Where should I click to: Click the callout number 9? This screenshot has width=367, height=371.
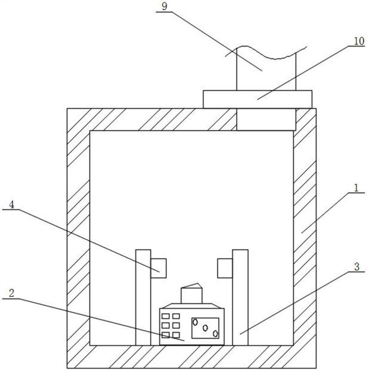click(x=165, y=6)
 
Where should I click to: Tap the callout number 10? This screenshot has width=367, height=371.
click(x=359, y=41)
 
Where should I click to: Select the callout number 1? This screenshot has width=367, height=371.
click(x=356, y=188)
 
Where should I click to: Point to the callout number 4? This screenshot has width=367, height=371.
click(x=11, y=205)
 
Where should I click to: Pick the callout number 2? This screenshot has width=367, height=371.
click(x=12, y=294)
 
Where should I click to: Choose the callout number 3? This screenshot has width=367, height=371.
click(x=357, y=267)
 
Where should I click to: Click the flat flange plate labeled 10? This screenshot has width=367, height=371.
click(x=258, y=99)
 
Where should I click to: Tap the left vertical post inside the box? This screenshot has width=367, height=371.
click(x=143, y=297)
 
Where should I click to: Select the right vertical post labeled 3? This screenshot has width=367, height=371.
click(x=240, y=297)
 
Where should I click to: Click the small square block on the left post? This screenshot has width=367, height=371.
click(x=158, y=268)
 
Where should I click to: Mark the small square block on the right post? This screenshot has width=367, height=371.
click(x=225, y=268)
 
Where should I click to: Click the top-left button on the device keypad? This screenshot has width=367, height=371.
click(x=165, y=316)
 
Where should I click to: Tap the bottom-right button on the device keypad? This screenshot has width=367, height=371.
click(x=176, y=335)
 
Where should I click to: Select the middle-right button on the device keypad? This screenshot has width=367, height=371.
click(x=176, y=326)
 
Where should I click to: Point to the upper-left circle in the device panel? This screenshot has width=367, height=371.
click(x=196, y=322)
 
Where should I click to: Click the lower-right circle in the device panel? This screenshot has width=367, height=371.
click(x=215, y=333)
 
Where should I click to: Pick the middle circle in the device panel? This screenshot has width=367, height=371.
click(x=205, y=328)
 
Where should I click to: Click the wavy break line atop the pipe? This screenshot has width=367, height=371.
click(x=266, y=52)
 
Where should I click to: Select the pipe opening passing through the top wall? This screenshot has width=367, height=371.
click(x=266, y=120)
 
